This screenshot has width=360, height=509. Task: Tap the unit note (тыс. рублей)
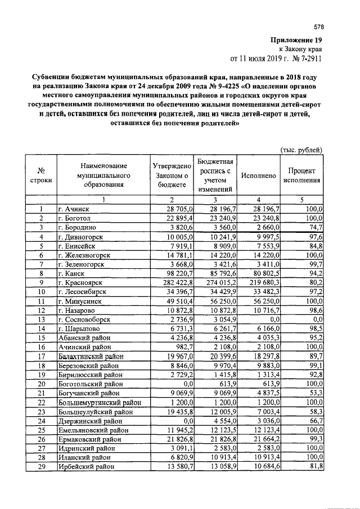pyautogui.click(x=301, y=150)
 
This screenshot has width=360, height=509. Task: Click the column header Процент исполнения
pyautogui.click(x=301, y=175)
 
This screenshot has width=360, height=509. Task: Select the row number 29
pyautogui.click(x=40, y=467)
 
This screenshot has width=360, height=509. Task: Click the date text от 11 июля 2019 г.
pyautogui.click(x=259, y=58)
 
